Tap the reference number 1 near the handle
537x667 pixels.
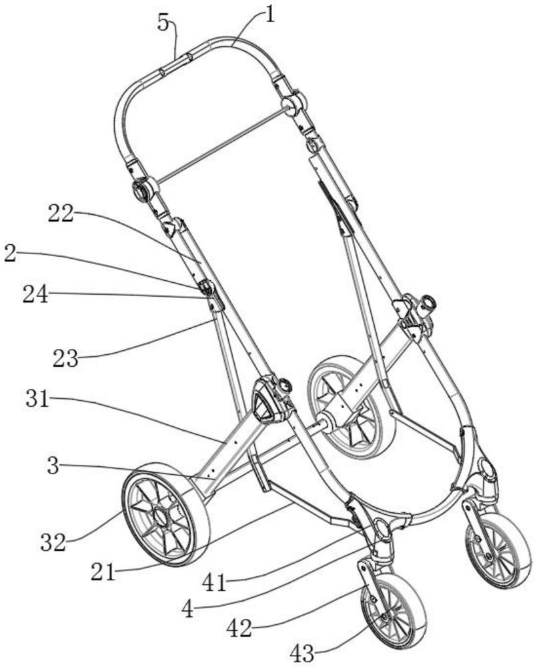click(270, 15)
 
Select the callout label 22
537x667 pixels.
click(61, 214)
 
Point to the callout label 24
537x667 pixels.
click(36, 295)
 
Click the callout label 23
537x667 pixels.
click(66, 359)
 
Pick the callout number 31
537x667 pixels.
click(37, 400)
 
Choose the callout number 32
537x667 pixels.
click(53, 543)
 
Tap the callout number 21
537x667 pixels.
click(103, 572)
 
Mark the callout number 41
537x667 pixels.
click(214, 584)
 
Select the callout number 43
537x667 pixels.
click(303, 653)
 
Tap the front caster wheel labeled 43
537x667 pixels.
click(392, 612)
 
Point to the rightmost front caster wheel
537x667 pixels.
click(499, 550)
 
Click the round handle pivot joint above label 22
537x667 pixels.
click(143, 189)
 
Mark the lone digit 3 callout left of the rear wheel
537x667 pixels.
click(53, 467)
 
